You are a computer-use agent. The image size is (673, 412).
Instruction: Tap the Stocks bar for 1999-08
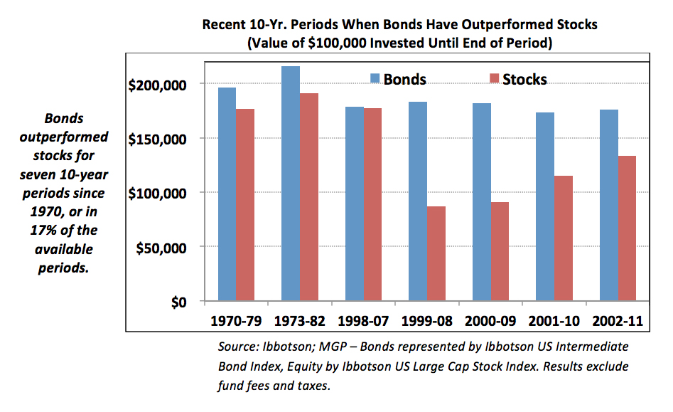(x=436, y=253)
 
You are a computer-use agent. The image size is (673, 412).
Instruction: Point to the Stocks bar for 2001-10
(x=564, y=238)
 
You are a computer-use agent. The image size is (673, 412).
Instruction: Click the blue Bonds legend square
(x=375, y=78)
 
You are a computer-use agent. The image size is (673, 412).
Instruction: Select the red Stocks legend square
(x=495, y=78)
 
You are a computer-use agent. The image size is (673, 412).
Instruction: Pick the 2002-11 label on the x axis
(x=618, y=321)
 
